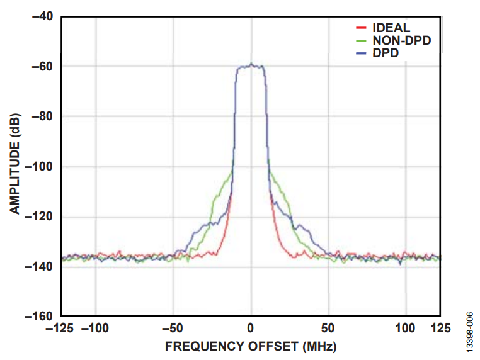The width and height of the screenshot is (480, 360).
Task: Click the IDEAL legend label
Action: [391, 28]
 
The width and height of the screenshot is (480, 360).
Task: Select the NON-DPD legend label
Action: [406, 40]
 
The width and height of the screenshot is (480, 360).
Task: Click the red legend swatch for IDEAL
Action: [362, 28]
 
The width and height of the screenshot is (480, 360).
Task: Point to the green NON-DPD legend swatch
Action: [362, 40]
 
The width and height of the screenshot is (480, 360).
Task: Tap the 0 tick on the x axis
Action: [251, 328]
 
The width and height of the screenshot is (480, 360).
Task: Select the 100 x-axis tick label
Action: [406, 328]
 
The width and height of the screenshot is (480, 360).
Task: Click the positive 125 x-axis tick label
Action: [440, 328]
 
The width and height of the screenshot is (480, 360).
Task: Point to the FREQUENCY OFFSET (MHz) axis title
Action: [251, 346]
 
